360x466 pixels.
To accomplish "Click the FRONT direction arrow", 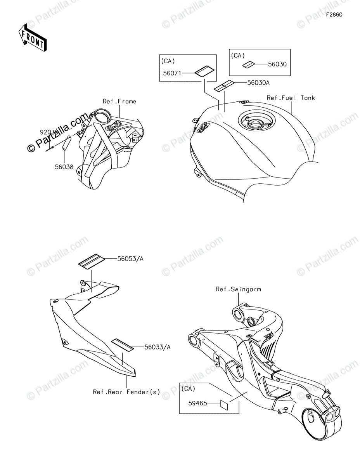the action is (x=33, y=38).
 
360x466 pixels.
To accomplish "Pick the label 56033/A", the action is (x=146, y=347).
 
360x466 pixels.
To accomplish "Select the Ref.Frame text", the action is (x=119, y=101).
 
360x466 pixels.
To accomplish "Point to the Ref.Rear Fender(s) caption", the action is (x=126, y=392).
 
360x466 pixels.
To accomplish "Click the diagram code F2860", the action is (x=334, y=14).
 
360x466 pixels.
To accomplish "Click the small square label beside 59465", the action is (x=224, y=403).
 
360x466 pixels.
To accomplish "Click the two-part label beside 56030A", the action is (x=224, y=85).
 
